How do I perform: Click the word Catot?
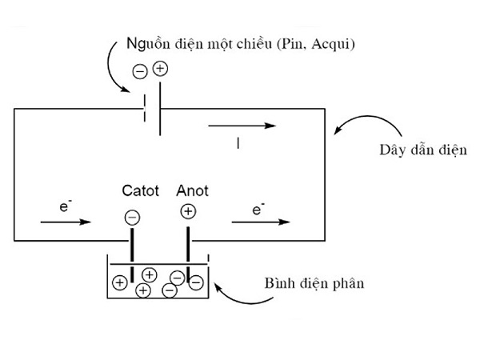point(141,191)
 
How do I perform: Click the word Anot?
point(192,191)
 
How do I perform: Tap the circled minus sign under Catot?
point(132,216)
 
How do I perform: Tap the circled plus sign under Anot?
point(188,212)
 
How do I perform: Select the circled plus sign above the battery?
point(159,69)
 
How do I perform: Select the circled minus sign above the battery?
point(139,73)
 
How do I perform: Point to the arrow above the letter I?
point(242,126)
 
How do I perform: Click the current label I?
point(238,144)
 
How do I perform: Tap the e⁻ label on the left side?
point(63,206)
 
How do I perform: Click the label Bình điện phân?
point(314,284)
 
